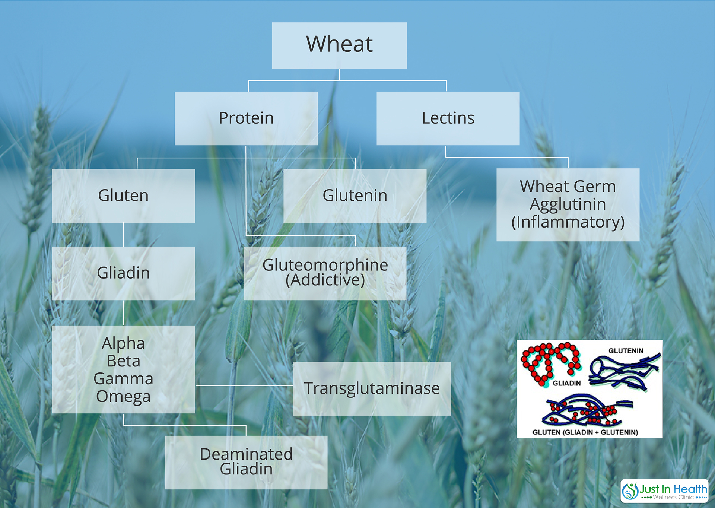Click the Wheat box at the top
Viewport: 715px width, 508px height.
(x=339, y=45)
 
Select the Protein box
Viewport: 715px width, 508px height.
(x=246, y=118)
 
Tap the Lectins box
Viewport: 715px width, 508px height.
(x=448, y=118)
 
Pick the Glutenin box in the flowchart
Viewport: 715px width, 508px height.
(x=355, y=196)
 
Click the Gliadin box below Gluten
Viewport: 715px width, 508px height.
(x=123, y=273)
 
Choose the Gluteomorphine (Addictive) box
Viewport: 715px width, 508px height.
(x=325, y=273)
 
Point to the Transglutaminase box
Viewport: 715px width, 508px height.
(x=372, y=389)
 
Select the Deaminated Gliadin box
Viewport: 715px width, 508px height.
(x=246, y=463)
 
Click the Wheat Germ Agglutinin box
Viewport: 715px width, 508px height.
(x=568, y=205)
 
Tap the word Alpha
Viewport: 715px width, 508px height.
(x=123, y=343)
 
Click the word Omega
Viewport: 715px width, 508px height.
(x=123, y=397)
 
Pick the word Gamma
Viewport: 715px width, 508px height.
(x=123, y=379)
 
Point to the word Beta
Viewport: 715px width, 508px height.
(x=123, y=361)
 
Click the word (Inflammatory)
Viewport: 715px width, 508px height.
(x=568, y=222)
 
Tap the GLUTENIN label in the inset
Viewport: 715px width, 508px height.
(x=626, y=351)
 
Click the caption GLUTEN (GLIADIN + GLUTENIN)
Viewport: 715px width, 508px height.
(x=585, y=432)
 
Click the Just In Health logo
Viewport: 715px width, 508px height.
(x=664, y=491)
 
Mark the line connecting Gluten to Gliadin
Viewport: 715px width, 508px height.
(x=123, y=235)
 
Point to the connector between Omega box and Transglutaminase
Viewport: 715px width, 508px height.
(x=244, y=385)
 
